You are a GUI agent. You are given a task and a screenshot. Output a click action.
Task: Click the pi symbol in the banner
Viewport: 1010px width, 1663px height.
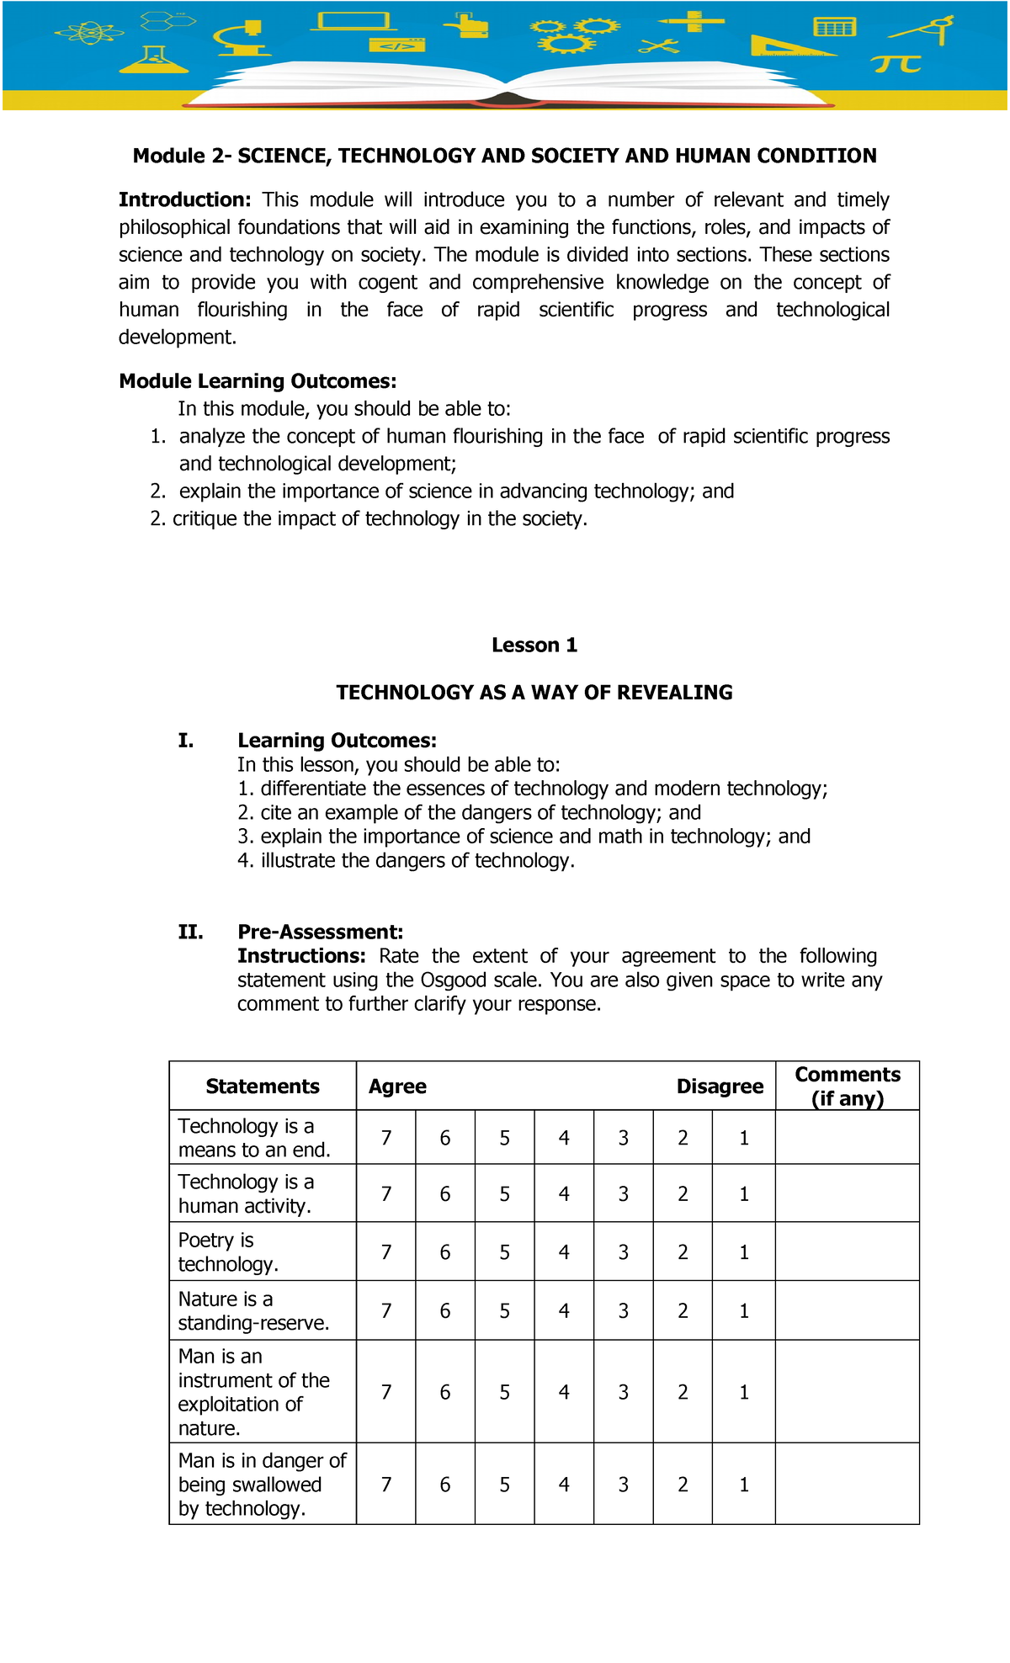tap(896, 64)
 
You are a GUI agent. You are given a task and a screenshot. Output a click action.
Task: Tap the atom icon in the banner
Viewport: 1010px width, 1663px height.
tap(88, 34)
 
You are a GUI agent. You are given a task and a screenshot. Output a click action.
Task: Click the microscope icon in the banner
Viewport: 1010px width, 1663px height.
tap(242, 39)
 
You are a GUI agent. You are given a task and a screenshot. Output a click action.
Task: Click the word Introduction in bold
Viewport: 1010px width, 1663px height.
tap(184, 200)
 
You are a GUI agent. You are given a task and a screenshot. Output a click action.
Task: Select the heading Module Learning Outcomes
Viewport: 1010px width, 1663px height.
tap(258, 381)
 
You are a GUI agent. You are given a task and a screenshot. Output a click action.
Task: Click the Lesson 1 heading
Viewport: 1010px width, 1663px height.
tap(534, 646)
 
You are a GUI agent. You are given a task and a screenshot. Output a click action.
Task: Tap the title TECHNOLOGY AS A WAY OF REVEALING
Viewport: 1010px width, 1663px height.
tap(534, 693)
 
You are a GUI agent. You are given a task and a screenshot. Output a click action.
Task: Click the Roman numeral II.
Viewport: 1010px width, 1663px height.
tap(190, 932)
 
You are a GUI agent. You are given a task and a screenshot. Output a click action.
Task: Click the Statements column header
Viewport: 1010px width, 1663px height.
tap(263, 1087)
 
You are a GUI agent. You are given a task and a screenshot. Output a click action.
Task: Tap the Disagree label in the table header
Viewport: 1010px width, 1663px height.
tap(720, 1087)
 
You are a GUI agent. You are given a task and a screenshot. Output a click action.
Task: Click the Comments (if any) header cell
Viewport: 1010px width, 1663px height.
tap(847, 1087)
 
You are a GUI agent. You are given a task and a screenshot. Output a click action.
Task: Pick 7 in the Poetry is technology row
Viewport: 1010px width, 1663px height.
tap(386, 1252)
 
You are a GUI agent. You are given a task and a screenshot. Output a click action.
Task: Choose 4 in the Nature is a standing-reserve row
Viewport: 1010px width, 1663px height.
tap(564, 1310)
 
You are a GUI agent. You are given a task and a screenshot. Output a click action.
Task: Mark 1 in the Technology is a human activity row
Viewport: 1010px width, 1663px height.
tap(744, 1194)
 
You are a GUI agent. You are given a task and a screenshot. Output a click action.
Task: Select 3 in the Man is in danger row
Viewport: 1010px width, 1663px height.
tap(624, 1485)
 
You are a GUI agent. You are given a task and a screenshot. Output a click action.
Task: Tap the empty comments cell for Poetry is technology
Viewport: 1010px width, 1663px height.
tap(847, 1252)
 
